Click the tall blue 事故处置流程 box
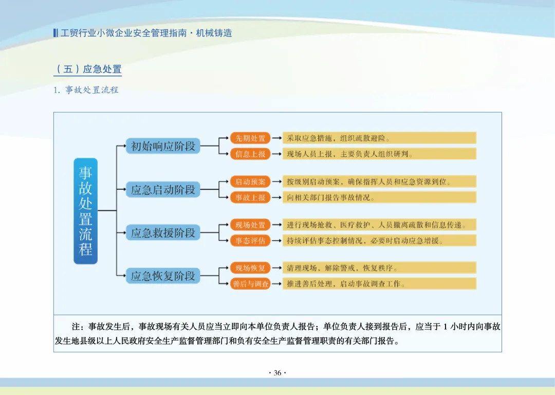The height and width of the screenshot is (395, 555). pos(85,211)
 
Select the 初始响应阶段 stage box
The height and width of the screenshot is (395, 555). pos(163,146)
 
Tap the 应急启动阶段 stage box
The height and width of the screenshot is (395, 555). pos(163,190)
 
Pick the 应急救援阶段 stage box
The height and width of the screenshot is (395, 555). pos(163,233)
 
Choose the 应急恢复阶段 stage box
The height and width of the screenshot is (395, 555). pos(163,276)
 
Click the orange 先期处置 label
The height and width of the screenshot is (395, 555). pos(250,138)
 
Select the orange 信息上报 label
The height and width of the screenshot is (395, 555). pos(250,154)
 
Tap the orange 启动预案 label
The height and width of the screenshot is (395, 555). pos(250,182)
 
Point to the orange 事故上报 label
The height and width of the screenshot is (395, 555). pos(250,197)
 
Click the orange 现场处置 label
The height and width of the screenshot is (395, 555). pos(250,225)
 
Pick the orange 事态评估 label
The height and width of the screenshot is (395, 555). pos(250,241)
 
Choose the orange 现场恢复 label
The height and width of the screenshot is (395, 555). pos(250,268)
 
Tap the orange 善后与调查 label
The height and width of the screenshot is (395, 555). pos(250,284)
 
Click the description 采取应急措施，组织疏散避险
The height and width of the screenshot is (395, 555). pos(379,138)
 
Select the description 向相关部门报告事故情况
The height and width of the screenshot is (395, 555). pos(379,197)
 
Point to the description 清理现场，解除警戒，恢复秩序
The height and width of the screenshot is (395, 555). pos(379,268)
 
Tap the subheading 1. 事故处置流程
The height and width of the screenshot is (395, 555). pos(86,90)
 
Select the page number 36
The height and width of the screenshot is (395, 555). pos(277,373)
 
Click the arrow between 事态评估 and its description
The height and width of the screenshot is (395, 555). pos(276,241)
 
